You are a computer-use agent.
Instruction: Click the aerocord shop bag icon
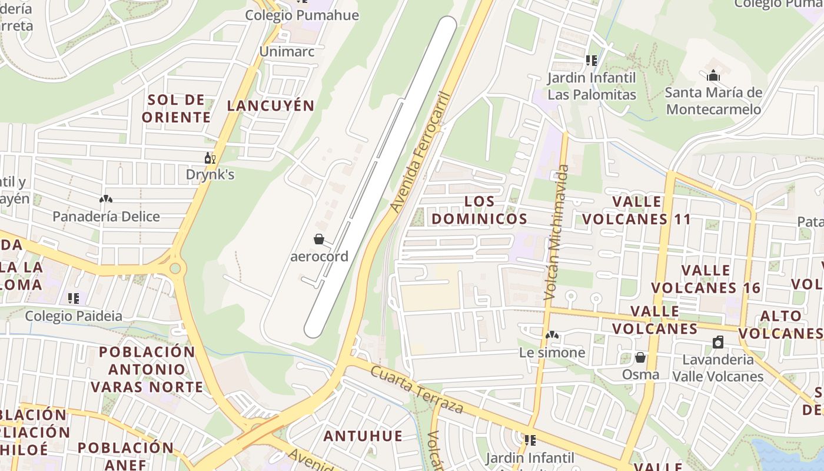click(318, 239)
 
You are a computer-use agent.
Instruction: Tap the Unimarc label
click(287, 52)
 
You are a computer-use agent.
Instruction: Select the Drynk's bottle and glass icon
click(210, 158)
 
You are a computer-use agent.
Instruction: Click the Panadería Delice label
click(106, 217)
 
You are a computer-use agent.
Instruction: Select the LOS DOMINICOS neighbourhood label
click(479, 210)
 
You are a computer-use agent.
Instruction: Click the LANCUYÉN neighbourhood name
click(271, 106)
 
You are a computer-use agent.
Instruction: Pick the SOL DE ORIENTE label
click(176, 108)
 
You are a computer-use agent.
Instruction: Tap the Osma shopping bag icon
click(640, 357)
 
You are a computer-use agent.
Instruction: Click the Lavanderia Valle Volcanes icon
click(718, 343)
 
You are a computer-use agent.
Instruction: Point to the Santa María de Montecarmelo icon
click(713, 75)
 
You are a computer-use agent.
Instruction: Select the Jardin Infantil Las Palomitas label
click(592, 86)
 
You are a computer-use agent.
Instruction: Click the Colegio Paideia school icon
click(74, 298)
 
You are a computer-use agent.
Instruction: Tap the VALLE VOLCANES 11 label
click(637, 210)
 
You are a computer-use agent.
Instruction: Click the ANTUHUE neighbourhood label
click(363, 436)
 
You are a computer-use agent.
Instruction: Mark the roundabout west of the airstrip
click(175, 269)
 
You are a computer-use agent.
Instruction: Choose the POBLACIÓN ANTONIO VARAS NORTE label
click(147, 369)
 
